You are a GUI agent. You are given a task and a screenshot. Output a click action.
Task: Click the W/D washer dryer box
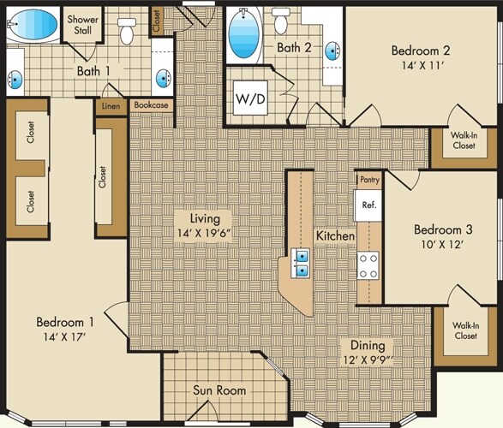pyautogui.click(x=249, y=98)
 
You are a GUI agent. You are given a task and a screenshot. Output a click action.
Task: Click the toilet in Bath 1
pyautogui.click(x=127, y=31)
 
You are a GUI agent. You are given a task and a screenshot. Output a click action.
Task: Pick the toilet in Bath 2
pyautogui.click(x=280, y=23)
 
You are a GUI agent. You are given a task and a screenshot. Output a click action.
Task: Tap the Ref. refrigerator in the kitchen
pyautogui.click(x=369, y=205)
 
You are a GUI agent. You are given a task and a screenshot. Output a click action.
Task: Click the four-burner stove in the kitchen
pyautogui.click(x=369, y=265)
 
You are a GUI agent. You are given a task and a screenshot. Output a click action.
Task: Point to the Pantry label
pyautogui.click(x=369, y=180)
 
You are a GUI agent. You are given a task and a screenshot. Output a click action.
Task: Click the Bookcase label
pyautogui.click(x=151, y=106)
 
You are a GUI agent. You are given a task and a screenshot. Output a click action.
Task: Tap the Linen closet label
pyautogui.click(x=111, y=106)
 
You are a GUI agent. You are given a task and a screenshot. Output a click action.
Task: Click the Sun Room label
pyautogui.click(x=219, y=390)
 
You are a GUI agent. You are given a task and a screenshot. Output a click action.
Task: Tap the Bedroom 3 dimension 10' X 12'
pyautogui.click(x=439, y=244)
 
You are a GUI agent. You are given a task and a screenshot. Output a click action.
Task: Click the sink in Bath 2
pyautogui.click(x=331, y=50)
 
